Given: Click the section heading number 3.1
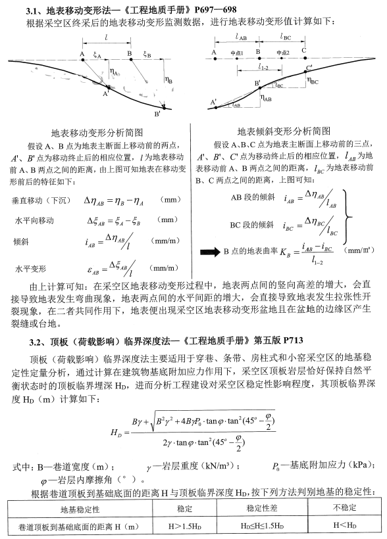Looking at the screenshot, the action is [32, 9].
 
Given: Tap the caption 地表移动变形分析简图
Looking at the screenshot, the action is [96, 133].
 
